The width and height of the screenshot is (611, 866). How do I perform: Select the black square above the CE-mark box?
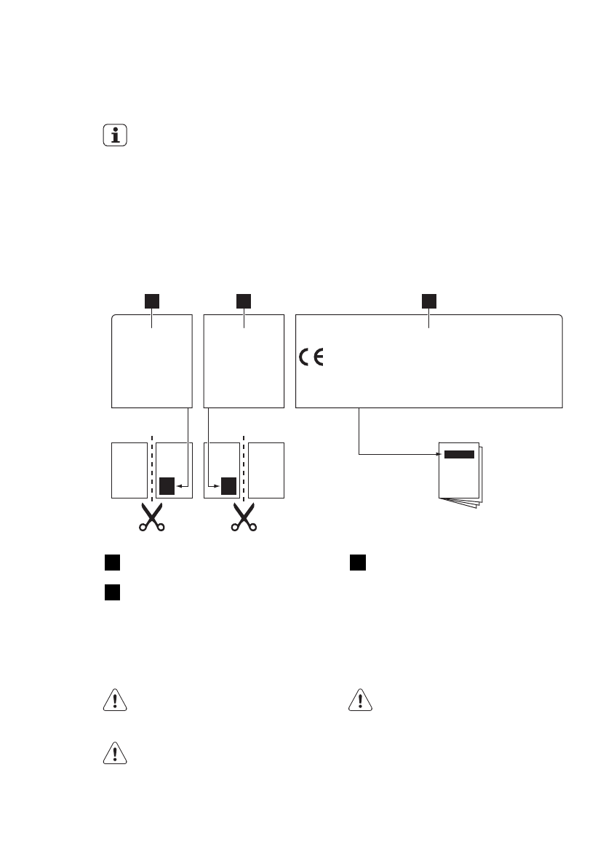(x=430, y=301)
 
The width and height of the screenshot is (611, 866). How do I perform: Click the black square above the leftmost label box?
(x=151, y=301)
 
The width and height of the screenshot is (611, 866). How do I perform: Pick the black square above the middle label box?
(x=244, y=301)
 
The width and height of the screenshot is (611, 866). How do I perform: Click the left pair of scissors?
(x=151, y=518)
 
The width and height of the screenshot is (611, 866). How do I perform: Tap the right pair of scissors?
(x=243, y=518)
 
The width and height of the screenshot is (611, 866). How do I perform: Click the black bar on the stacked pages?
(x=459, y=454)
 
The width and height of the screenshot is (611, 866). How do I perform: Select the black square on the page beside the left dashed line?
(x=167, y=485)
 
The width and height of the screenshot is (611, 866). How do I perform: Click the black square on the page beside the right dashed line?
(x=229, y=485)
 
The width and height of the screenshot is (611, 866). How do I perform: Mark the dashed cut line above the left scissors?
(x=151, y=469)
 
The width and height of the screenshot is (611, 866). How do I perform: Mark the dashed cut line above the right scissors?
(x=243, y=469)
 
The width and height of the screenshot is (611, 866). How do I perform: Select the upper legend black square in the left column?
(x=111, y=563)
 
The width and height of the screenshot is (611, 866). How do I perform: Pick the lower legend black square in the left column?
(x=111, y=592)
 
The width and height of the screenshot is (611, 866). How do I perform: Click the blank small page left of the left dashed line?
(x=128, y=469)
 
